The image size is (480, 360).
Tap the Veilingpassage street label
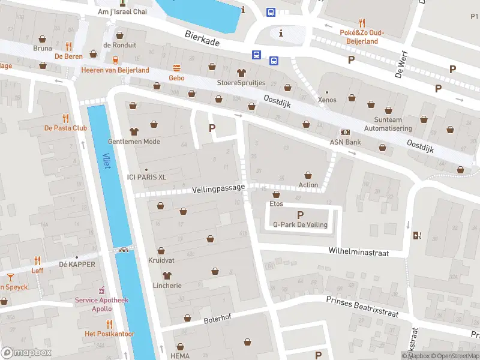219,188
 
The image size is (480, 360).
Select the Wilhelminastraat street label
359,253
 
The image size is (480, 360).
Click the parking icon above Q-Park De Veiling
300,215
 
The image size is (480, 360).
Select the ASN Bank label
345,142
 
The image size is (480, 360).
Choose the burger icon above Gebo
177,67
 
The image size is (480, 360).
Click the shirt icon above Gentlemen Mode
133,131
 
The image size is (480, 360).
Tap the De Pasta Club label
65,128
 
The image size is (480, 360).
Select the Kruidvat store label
161,260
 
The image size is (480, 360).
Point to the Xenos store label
327,100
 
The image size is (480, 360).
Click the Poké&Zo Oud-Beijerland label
361,37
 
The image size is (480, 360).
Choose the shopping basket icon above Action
308,175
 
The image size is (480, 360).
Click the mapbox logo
26,352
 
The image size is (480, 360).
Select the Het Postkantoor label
109,334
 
